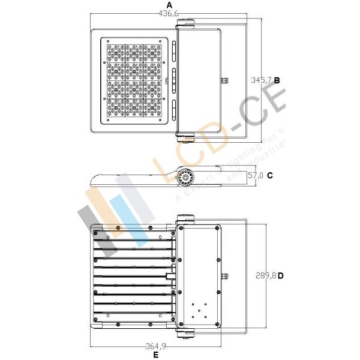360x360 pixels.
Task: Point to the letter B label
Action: coord(277,79)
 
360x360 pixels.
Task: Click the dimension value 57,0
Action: coord(255,175)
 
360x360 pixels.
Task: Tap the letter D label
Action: coord(280,275)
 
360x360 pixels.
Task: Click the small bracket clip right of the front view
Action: coord(226,80)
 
